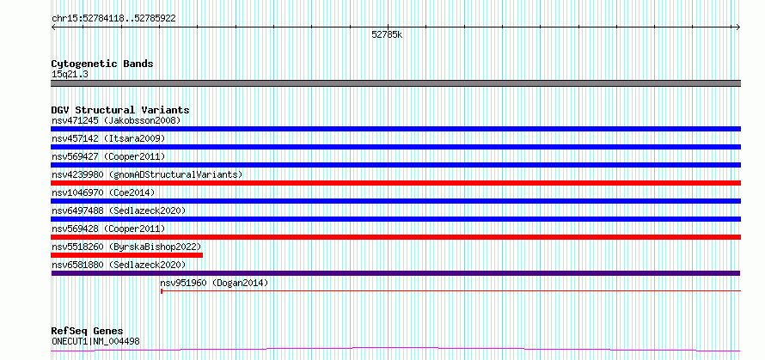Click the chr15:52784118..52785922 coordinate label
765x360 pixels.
(113, 19)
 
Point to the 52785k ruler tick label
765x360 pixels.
(387, 34)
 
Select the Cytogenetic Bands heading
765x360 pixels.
(102, 64)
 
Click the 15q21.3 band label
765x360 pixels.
(70, 75)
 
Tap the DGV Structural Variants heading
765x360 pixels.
(120, 110)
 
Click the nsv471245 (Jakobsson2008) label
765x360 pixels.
(116, 120)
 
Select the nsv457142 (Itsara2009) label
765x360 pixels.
(108, 138)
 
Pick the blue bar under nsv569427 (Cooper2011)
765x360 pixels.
(395, 165)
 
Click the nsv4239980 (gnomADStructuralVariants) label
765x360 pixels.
(147, 174)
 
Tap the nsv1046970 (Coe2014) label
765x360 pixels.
(103, 192)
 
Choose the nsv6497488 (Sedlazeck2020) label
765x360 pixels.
(119, 211)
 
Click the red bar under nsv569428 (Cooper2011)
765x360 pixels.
(395, 237)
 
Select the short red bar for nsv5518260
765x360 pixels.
(127, 255)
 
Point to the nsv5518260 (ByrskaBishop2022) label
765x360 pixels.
(126, 247)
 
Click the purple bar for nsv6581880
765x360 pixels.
(395, 273)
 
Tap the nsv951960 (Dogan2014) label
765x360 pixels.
(214, 283)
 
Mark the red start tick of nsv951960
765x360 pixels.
(162, 291)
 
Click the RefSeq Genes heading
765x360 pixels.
(87, 332)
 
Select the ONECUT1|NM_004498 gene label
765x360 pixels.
(95, 341)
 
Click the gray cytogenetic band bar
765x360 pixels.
(395, 83)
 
